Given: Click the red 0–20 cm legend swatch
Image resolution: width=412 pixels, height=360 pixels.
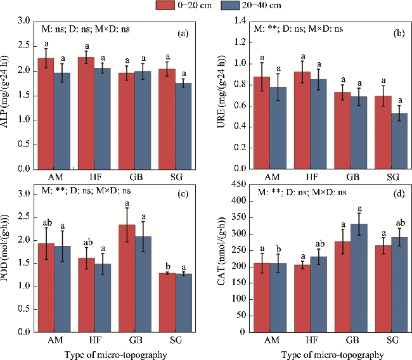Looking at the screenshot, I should (167, 6).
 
